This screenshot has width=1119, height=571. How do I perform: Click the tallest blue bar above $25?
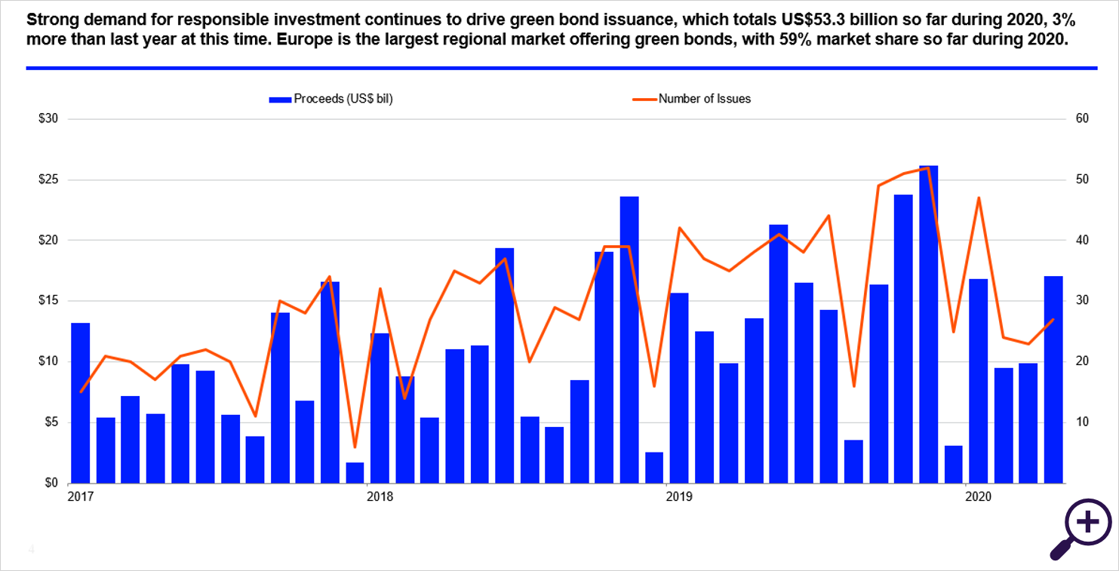coord(928,324)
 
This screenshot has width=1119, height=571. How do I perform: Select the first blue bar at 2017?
coord(81,403)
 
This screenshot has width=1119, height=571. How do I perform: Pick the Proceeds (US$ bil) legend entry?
coord(331,98)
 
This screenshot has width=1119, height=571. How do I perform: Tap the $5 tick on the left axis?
coord(50,422)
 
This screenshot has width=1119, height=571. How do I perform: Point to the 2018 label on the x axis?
coord(379,496)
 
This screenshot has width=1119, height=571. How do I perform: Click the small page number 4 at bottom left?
coord(32,550)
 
